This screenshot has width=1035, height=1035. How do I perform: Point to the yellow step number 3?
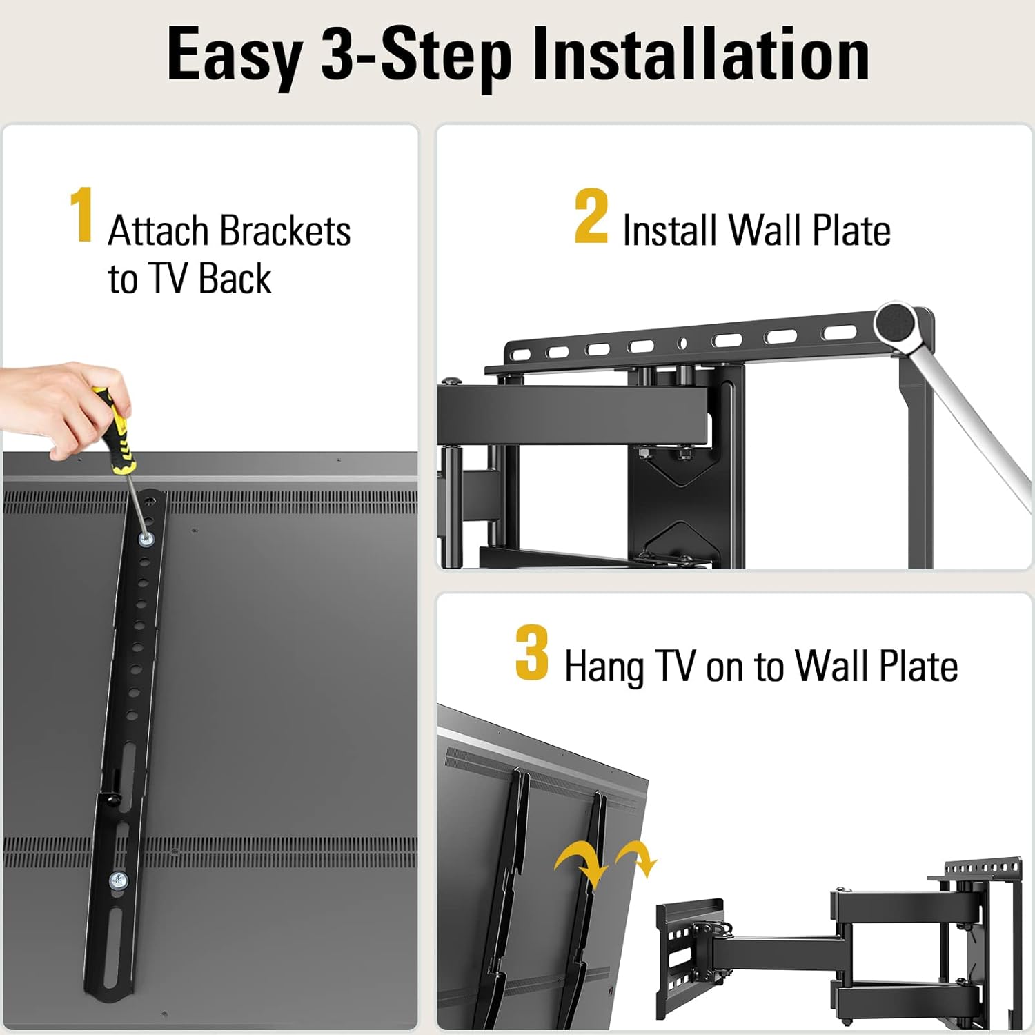point(532,653)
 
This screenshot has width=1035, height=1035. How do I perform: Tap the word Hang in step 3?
point(604,667)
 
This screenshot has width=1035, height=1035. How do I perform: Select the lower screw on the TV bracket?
point(118,880)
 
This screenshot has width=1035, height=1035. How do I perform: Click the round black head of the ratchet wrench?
point(896,322)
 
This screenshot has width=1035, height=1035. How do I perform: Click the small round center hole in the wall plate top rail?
point(682,343)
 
